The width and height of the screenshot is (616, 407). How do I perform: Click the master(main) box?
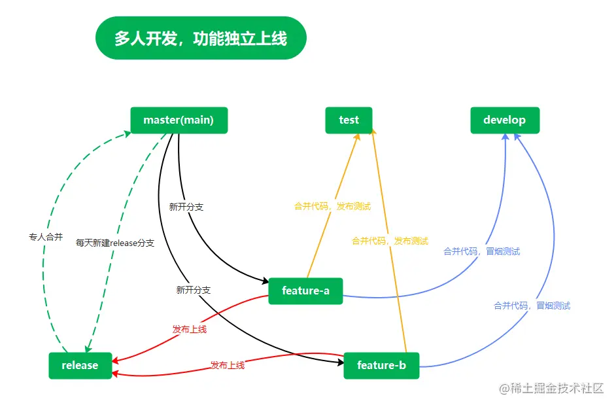click(179, 120)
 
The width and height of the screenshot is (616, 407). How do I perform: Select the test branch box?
click(349, 120)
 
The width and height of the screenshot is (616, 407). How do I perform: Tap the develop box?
click(504, 120)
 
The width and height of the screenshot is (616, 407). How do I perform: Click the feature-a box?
click(305, 291)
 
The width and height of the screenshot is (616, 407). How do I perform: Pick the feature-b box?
click(381, 365)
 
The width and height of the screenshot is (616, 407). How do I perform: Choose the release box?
click(80, 365)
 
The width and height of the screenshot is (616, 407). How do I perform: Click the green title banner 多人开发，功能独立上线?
click(201, 38)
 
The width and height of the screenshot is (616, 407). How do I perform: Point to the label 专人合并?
click(46, 237)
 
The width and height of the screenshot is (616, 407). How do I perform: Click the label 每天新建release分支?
click(115, 243)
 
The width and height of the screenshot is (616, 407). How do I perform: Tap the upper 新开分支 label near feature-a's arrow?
click(186, 207)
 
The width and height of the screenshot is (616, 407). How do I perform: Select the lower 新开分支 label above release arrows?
click(194, 290)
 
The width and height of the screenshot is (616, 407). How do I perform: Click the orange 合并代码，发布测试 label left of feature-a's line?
click(332, 206)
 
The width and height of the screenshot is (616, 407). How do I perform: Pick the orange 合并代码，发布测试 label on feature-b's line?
click(390, 241)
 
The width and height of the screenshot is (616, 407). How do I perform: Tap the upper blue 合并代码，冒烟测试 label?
click(481, 251)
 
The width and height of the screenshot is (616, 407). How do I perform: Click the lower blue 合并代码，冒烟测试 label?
click(532, 306)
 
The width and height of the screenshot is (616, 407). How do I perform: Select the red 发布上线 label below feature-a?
click(190, 329)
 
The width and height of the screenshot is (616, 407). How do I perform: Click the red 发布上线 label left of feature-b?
click(228, 365)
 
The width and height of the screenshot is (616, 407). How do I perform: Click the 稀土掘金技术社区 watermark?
click(551, 388)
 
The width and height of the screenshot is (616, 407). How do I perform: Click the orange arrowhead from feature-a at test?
click(358, 137)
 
